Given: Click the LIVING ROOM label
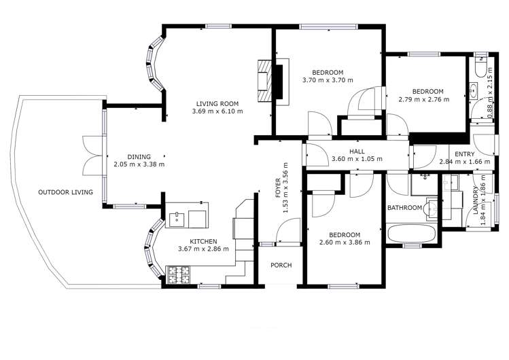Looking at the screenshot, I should pos(217,103).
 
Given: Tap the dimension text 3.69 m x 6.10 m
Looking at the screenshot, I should pos(217,111).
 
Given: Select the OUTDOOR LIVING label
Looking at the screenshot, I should pos(65,192).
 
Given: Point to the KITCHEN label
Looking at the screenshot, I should pos(203,241).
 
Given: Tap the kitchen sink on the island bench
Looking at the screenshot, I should pos(178,219).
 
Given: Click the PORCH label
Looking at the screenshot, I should pos(281,265).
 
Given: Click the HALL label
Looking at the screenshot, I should pos(357,151).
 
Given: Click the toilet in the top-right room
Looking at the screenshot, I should pos(481,69).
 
